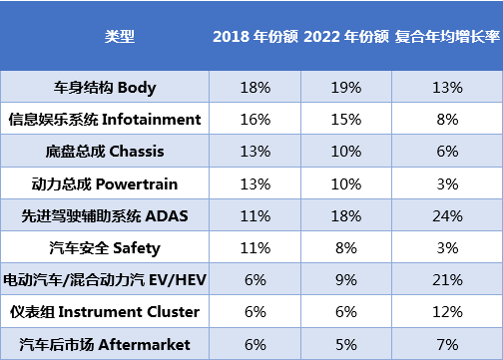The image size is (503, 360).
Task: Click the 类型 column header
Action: point(120,36)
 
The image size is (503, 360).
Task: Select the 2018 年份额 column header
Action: point(255,36)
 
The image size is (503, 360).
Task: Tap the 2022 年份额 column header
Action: point(346,36)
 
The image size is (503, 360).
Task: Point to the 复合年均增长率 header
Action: point(447,36)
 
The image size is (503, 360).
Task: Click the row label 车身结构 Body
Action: point(105,88)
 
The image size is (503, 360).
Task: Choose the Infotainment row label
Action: point(105,120)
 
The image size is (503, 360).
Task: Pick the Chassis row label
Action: point(105,152)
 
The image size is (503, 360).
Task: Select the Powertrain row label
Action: point(105,183)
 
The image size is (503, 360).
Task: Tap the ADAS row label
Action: point(105,216)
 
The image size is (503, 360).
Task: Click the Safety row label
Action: point(105,248)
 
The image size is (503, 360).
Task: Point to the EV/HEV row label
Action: point(105,280)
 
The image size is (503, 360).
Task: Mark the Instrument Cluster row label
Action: point(105,312)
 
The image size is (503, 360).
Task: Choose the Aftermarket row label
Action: point(105,344)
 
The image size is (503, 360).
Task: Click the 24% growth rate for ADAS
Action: point(447,216)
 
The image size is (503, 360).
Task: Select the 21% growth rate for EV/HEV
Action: point(447,280)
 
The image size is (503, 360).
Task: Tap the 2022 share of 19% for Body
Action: point(346,88)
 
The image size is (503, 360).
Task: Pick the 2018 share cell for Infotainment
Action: point(255,120)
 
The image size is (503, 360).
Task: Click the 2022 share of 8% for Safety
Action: point(346,248)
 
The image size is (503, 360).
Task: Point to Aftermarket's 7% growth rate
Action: point(447,344)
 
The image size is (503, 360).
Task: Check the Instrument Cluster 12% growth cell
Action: point(447,312)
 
